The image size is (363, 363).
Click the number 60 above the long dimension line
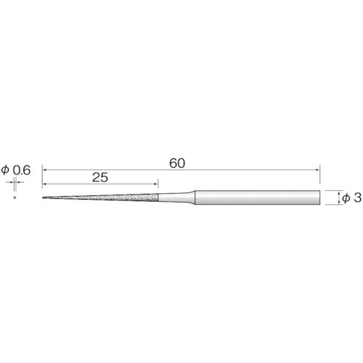click(x=176, y=163)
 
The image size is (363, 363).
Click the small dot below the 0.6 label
click(x=15, y=197)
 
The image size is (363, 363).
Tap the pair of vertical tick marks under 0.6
click(x=15, y=181)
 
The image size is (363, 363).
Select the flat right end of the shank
click(x=320, y=197)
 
